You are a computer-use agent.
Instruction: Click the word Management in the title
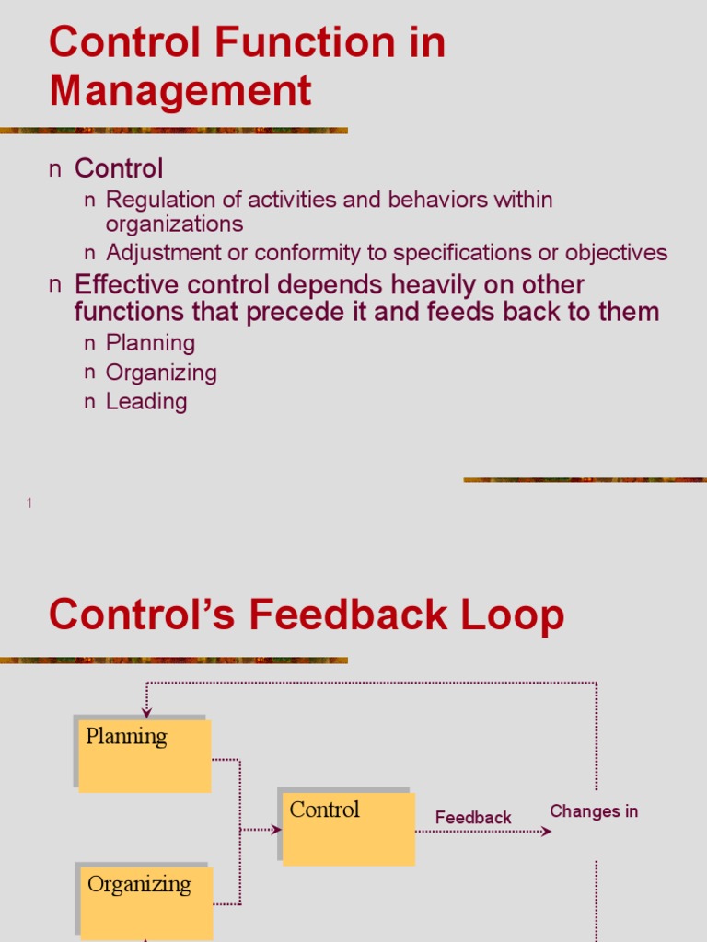click(180, 92)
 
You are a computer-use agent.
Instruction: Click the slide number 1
click(29, 502)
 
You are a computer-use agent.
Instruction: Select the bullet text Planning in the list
click(150, 343)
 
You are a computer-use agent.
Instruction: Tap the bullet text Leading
click(146, 401)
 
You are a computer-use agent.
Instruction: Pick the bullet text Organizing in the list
click(161, 373)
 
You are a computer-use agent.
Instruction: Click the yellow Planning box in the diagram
click(145, 756)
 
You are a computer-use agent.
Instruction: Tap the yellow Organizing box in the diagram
click(146, 902)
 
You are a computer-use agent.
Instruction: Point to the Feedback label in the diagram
click(473, 817)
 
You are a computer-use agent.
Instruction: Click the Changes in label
click(594, 811)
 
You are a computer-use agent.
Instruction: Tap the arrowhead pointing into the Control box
click(277, 830)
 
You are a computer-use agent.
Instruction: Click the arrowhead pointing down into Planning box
click(146, 713)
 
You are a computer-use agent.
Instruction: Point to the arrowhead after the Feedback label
click(547, 832)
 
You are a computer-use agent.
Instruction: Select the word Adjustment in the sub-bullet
click(163, 253)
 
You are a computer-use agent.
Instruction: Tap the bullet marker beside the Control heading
click(55, 169)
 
